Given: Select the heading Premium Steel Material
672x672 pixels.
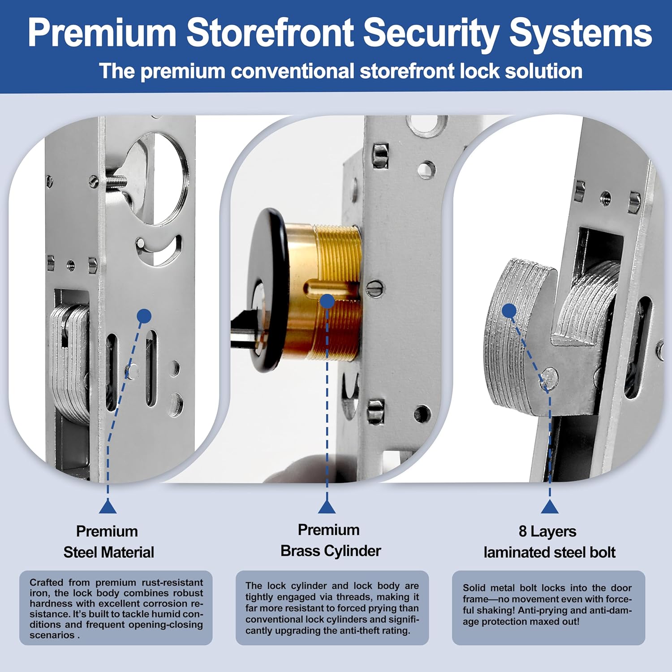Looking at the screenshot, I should (108, 542).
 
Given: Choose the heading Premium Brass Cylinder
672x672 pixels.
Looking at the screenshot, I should (330, 540).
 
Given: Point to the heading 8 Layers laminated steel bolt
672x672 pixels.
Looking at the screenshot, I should (549, 542).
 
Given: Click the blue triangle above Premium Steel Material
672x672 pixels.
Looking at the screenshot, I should (108, 507).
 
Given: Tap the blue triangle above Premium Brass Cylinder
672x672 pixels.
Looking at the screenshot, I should (327, 507).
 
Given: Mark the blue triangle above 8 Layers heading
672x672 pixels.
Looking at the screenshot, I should (550, 507).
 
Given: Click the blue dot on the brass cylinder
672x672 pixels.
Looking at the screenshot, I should (327, 301).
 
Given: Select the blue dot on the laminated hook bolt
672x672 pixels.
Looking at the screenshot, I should (509, 310).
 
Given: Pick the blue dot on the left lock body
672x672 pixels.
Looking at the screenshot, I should (144, 316).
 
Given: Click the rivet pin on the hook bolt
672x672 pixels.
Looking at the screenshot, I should (550, 377).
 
